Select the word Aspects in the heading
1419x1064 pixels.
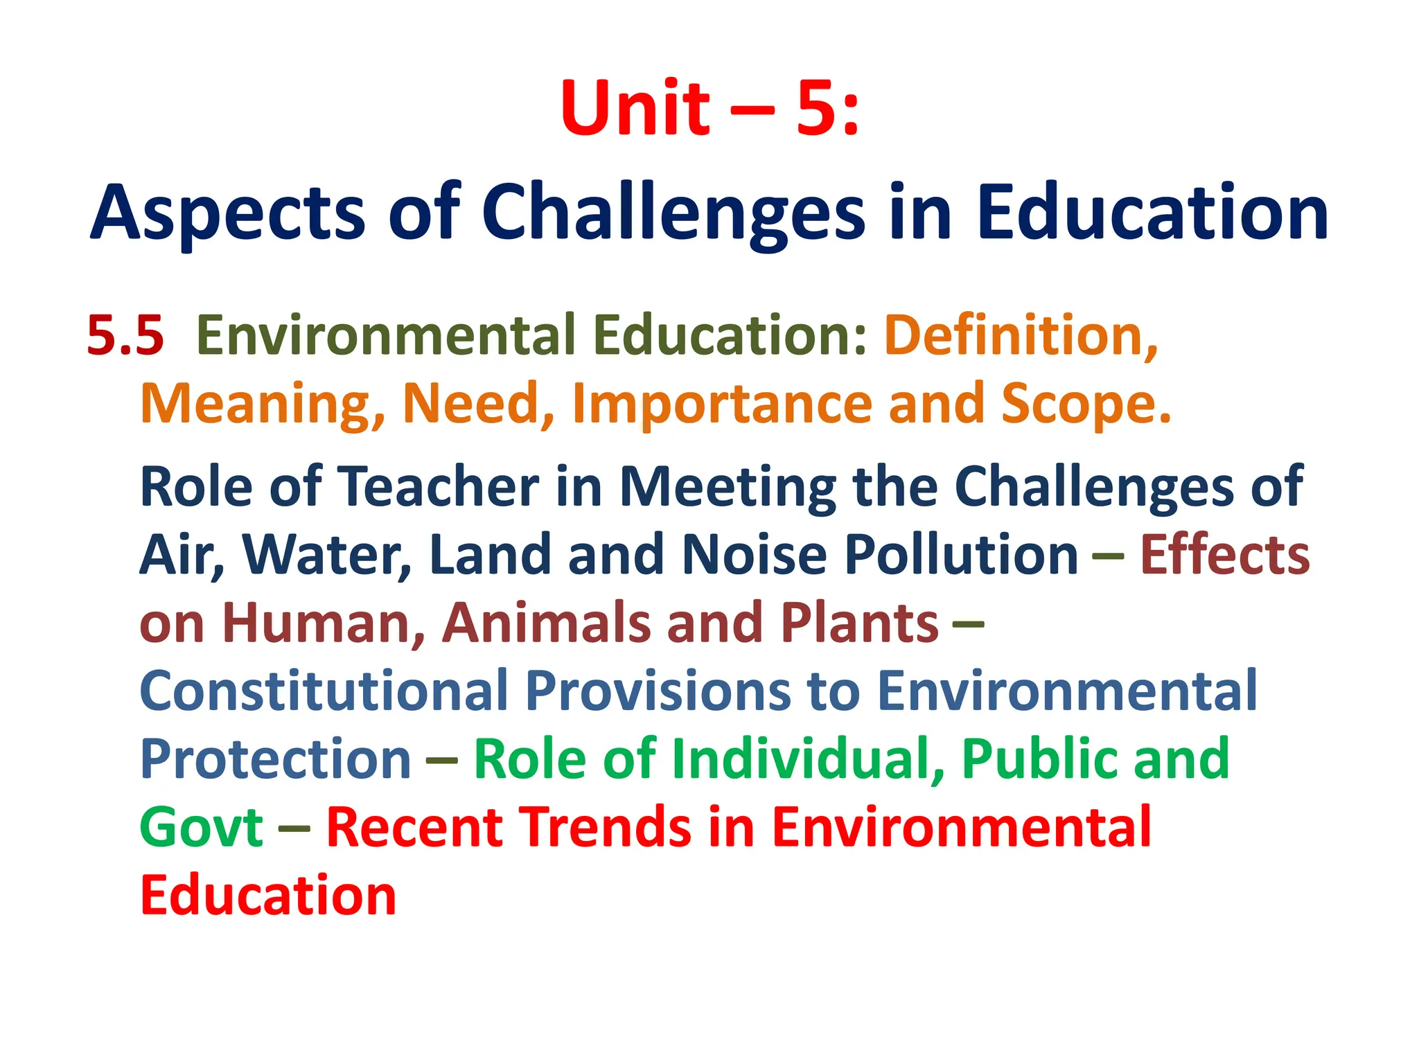click(228, 213)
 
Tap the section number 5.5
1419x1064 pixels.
click(125, 335)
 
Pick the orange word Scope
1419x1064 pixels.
click(1086, 404)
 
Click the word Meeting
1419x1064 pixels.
click(728, 486)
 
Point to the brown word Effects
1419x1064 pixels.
click(1224, 554)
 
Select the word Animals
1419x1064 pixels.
click(547, 622)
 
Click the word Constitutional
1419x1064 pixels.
click(324, 691)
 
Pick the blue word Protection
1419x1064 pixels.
click(276, 759)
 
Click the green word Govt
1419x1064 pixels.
click(201, 827)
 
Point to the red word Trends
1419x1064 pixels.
click(606, 827)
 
